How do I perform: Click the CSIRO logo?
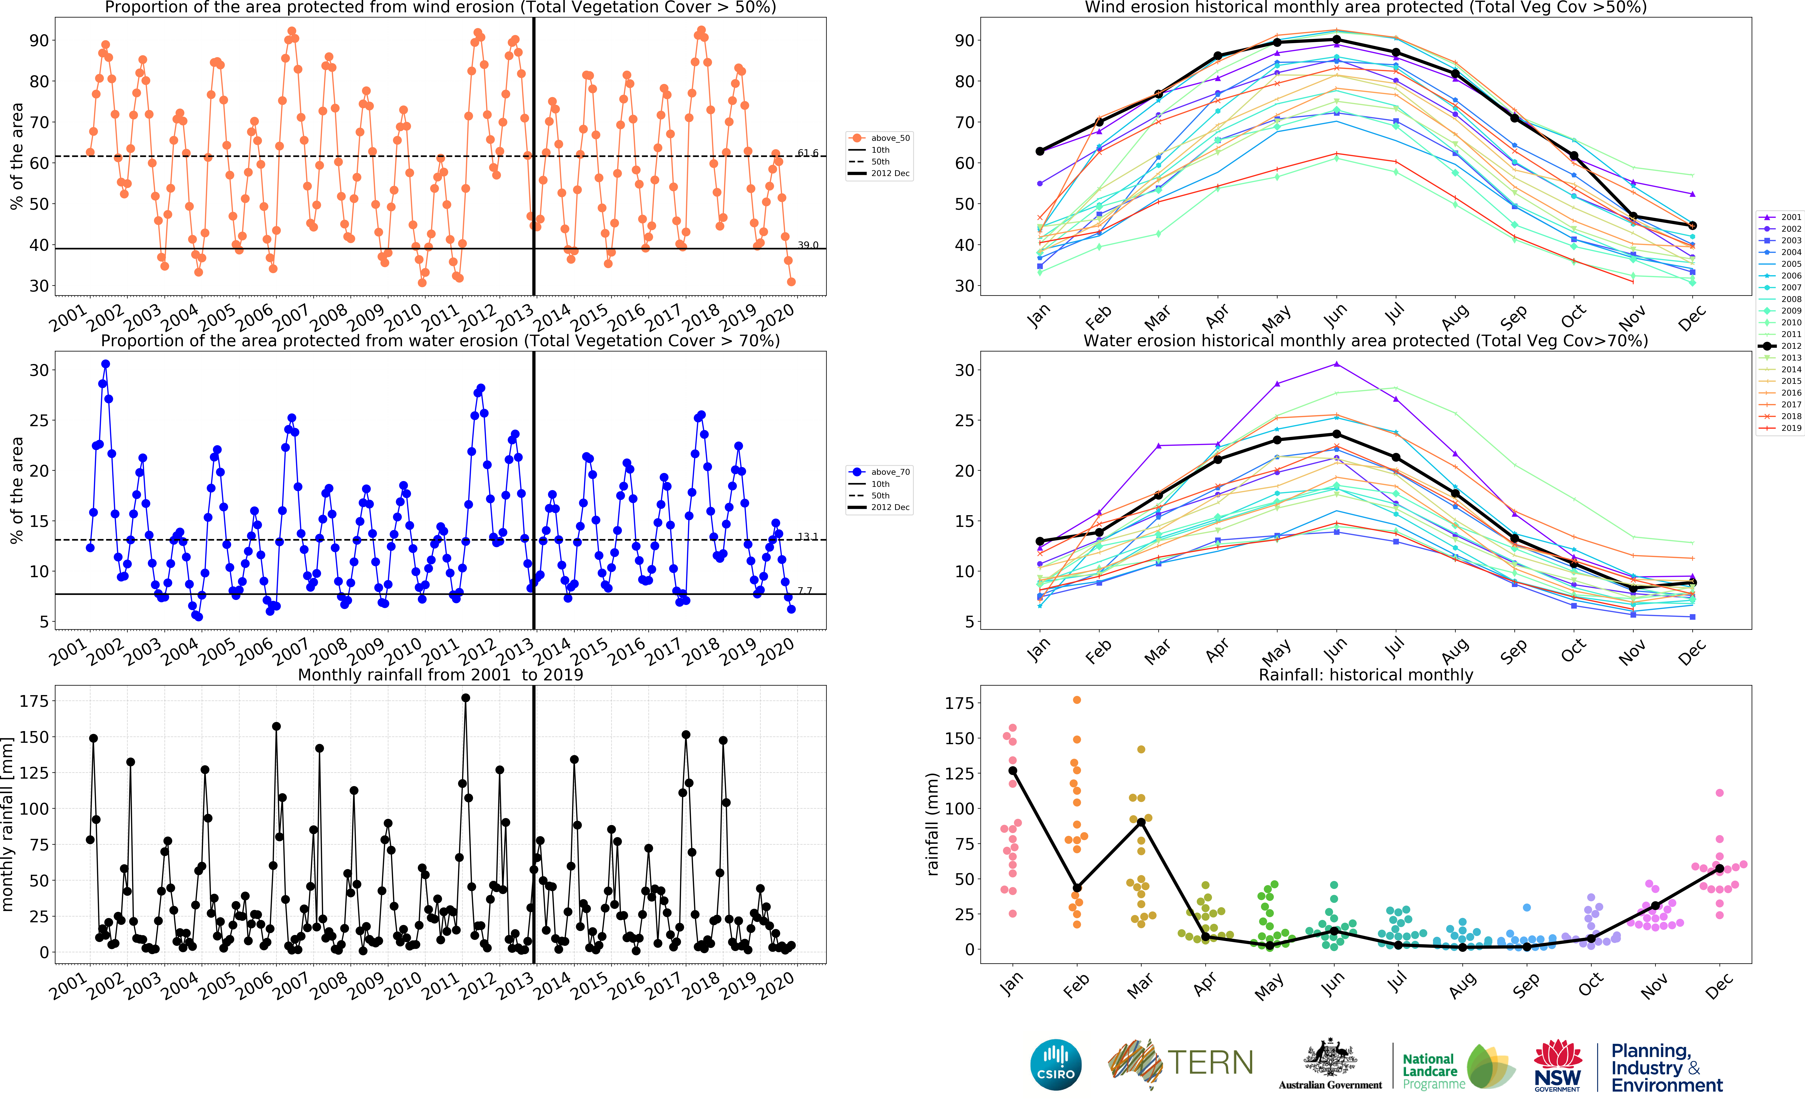(x=1056, y=1064)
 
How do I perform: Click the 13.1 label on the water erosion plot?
(x=807, y=536)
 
